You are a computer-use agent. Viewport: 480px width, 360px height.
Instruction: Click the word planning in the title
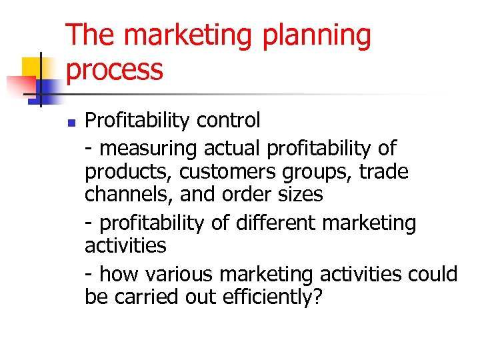tap(316, 35)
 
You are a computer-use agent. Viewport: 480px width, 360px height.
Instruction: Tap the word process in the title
tap(115, 70)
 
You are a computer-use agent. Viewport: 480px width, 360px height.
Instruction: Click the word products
tap(127, 172)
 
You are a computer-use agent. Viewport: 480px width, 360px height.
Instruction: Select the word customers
tap(225, 172)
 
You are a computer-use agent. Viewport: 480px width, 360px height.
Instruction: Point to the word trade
tap(383, 171)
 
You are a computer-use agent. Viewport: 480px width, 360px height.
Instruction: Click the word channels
tap(126, 195)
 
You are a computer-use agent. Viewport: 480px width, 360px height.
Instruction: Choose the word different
tap(276, 222)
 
